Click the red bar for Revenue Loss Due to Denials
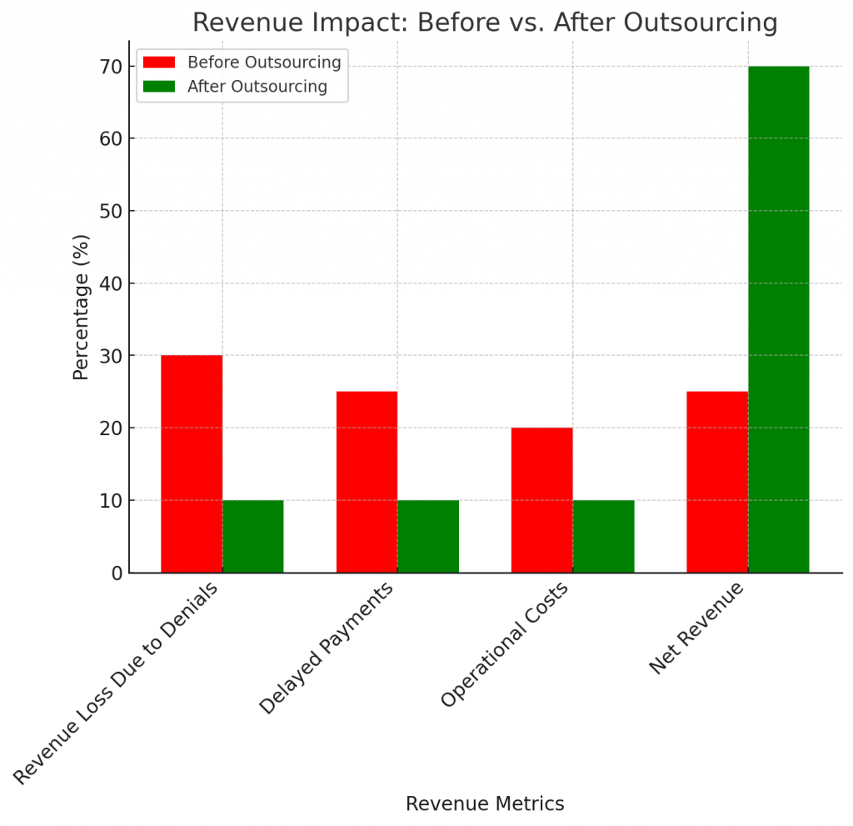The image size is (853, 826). click(x=192, y=464)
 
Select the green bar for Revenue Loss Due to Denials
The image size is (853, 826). click(x=252, y=537)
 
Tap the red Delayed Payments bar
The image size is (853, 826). click(x=367, y=482)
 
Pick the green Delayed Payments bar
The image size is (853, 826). click(x=428, y=537)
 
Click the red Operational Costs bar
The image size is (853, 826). click(x=541, y=500)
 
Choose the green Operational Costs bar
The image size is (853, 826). click(x=603, y=537)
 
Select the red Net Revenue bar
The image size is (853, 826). click(x=717, y=482)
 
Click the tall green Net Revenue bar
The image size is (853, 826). click(x=778, y=319)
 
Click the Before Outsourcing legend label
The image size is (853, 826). click(x=264, y=63)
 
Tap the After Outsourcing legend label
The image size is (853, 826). click(x=257, y=86)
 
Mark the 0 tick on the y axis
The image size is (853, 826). click(x=117, y=573)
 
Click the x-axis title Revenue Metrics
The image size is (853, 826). click(x=485, y=803)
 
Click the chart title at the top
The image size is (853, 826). click(x=485, y=23)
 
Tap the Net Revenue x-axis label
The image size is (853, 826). click(x=696, y=628)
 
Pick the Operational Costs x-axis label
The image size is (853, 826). click(x=505, y=645)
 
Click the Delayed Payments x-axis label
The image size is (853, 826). click(x=327, y=648)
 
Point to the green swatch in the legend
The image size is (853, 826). click(x=159, y=86)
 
